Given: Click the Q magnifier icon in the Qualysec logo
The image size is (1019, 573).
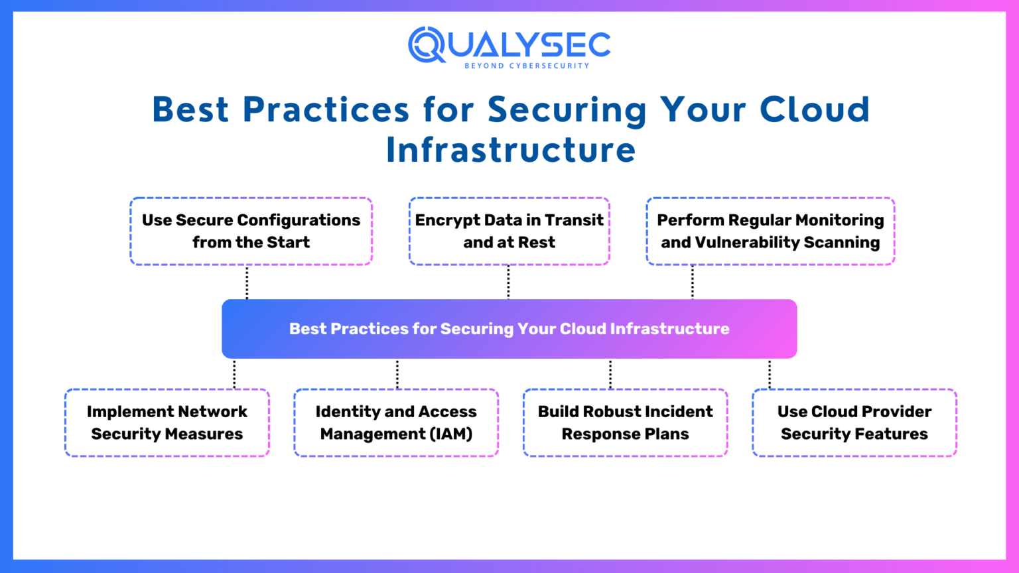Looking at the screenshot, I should [x=426, y=45].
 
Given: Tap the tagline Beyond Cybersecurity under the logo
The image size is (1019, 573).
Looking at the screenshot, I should [x=527, y=66].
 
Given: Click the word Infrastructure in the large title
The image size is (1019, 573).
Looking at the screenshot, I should [x=511, y=150].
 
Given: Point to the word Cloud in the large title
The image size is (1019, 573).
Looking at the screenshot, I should [x=815, y=110].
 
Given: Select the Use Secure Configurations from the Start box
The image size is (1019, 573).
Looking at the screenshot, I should [x=251, y=231].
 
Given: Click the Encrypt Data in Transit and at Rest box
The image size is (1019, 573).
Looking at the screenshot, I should [x=509, y=231].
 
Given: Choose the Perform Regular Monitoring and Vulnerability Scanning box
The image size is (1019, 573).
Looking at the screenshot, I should [x=770, y=231].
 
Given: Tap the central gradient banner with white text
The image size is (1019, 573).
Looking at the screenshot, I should [x=509, y=329].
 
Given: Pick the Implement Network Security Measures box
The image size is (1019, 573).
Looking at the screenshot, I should [x=167, y=422].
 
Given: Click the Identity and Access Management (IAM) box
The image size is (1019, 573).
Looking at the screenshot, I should [x=396, y=422].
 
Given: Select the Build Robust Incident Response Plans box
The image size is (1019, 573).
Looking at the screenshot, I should [x=625, y=422].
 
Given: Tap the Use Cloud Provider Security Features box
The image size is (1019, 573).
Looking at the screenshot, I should [x=854, y=422].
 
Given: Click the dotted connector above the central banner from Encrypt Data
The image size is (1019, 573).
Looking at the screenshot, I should [x=508, y=282].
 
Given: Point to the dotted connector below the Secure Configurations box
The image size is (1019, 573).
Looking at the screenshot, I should [x=247, y=282].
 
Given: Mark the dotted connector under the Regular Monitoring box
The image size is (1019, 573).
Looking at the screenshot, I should [x=693, y=282].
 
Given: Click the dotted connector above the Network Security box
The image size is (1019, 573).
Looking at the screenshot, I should [x=234, y=374].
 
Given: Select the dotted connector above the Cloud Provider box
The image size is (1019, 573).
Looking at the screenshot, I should [x=770, y=374].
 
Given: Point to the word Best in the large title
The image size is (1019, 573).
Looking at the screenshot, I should [x=190, y=110].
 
